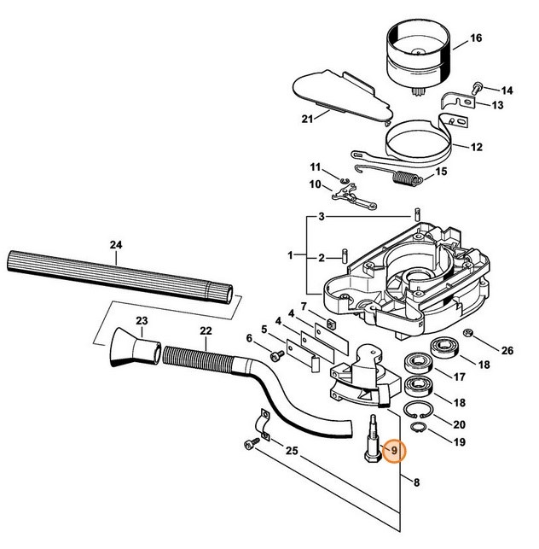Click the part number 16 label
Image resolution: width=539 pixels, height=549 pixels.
476,38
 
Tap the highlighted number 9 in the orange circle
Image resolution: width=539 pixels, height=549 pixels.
394,450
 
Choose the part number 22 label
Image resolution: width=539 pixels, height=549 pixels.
206,330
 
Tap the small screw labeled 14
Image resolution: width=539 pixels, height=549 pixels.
478,86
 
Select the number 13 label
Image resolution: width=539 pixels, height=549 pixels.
497,104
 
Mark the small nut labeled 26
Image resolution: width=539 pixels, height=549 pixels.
467,331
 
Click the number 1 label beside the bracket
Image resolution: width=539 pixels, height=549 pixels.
290,254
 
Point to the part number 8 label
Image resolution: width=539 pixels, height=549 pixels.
415,483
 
